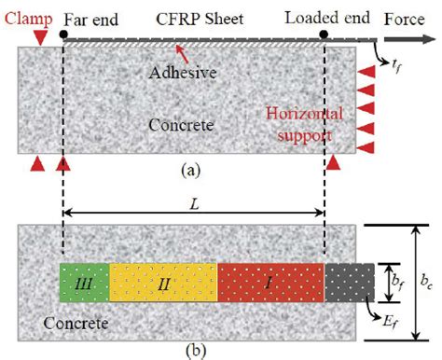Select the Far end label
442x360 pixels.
pos(93,15)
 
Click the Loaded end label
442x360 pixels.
pos(322,15)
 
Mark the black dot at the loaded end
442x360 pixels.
pos(324,35)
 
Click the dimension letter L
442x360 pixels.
pos(193,201)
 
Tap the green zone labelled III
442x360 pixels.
pos(84,282)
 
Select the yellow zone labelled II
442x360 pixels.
pos(163,282)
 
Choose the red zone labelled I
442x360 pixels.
pos(271,282)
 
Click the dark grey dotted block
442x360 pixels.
pos(350,282)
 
